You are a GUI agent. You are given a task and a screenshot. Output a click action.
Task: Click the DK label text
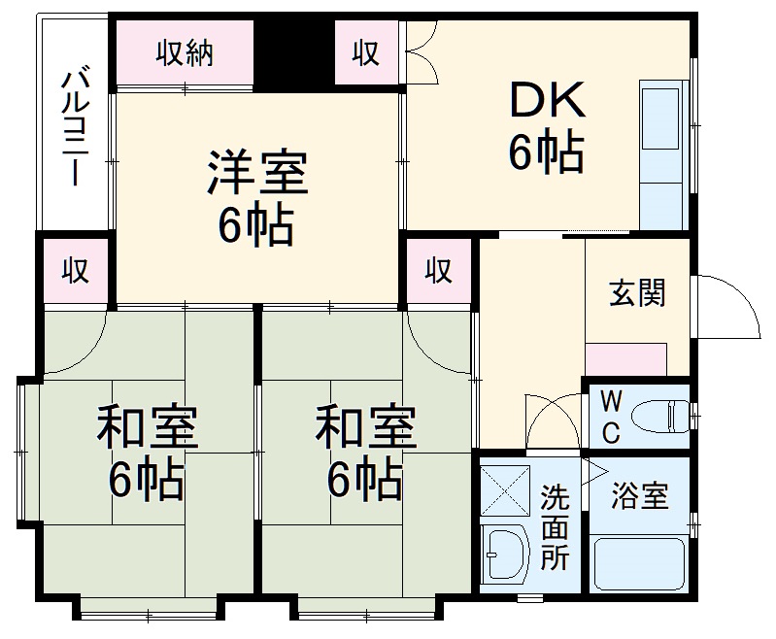[546, 98]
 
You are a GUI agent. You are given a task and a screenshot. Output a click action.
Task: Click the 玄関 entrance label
[637, 292]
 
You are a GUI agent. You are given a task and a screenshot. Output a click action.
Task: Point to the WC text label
[609, 417]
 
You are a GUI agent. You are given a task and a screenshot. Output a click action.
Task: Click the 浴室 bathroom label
[639, 496]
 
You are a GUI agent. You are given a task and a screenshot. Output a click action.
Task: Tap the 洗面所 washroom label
[555, 525]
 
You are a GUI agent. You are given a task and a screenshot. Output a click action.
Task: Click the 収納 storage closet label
[185, 53]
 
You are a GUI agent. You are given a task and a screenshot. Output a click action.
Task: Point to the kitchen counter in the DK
[664, 155]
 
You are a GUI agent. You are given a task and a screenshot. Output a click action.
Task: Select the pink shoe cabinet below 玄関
[626, 359]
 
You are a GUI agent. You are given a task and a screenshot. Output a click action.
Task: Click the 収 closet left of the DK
[365, 53]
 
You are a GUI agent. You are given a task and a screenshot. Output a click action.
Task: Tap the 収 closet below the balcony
[75, 271]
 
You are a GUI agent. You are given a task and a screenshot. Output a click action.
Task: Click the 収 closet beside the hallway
[439, 271]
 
